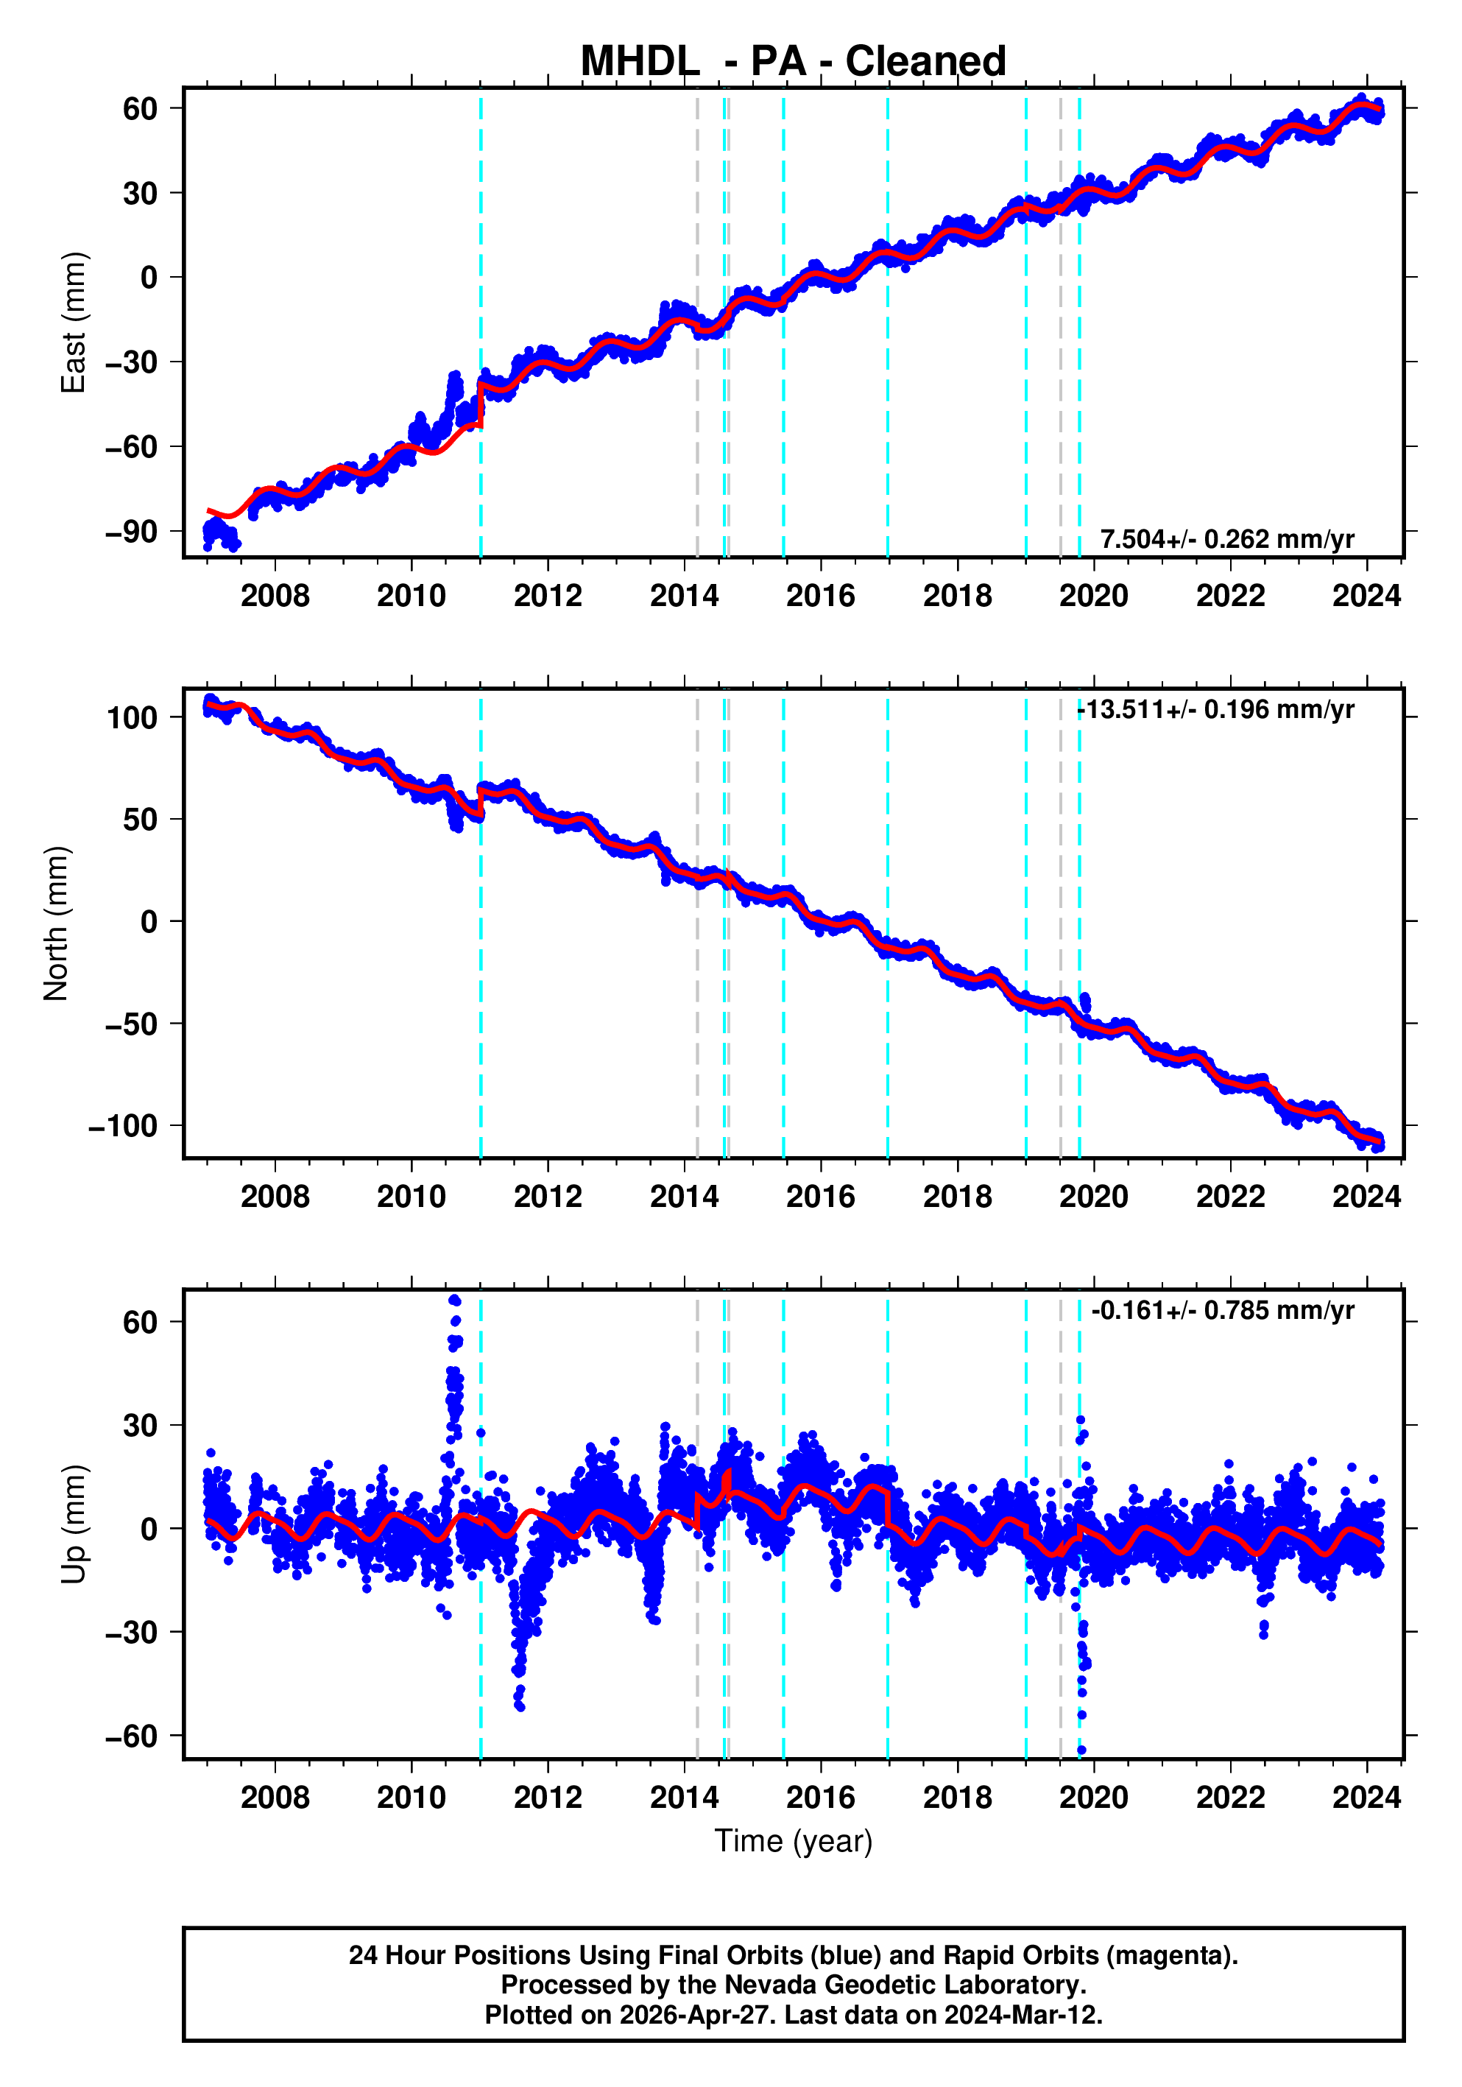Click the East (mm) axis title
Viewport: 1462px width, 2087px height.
pos(73,323)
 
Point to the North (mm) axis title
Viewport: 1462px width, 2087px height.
pos(57,923)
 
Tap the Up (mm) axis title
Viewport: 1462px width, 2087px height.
pos(73,1524)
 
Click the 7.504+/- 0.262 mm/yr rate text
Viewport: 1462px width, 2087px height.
pos(1226,539)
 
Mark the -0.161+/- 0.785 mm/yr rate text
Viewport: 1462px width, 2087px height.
pos(1222,1310)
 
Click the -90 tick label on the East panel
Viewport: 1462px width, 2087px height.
pos(132,532)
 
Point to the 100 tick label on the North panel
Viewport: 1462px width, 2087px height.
pos(133,717)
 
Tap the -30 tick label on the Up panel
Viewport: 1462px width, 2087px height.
pos(132,1633)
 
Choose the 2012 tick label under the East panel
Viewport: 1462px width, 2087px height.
pos(547,596)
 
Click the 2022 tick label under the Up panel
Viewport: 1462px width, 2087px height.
pos(1230,1797)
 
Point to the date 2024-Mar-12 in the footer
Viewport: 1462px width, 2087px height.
pos(1023,2015)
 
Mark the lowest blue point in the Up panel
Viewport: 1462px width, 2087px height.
pos(1081,1750)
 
